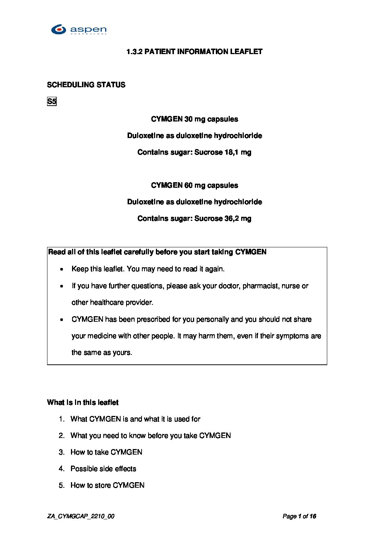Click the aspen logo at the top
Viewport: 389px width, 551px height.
click(79, 29)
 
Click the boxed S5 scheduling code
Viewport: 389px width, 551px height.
click(52, 102)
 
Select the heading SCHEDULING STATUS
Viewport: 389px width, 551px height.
click(86, 85)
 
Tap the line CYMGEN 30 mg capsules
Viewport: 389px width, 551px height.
click(194, 119)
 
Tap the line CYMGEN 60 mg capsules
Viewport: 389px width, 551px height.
click(194, 186)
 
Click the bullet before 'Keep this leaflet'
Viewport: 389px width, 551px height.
click(62, 269)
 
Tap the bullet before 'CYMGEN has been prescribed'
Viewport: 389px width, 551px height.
click(62, 320)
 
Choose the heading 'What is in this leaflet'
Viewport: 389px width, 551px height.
click(83, 403)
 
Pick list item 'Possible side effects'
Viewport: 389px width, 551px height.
click(103, 469)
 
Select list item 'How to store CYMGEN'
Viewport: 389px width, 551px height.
click(107, 485)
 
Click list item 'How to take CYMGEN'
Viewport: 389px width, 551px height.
click(106, 452)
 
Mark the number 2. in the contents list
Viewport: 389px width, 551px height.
click(61, 436)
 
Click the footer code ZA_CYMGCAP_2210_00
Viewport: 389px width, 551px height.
click(81, 516)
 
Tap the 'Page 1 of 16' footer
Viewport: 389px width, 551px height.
click(299, 516)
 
